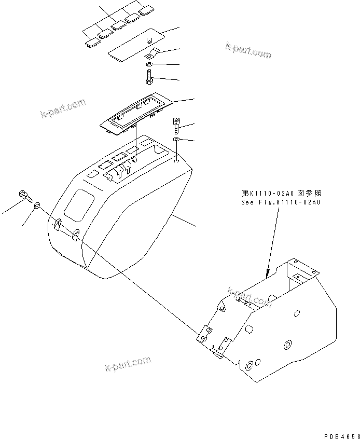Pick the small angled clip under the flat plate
pos(153,53)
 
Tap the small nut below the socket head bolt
pos(176,140)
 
